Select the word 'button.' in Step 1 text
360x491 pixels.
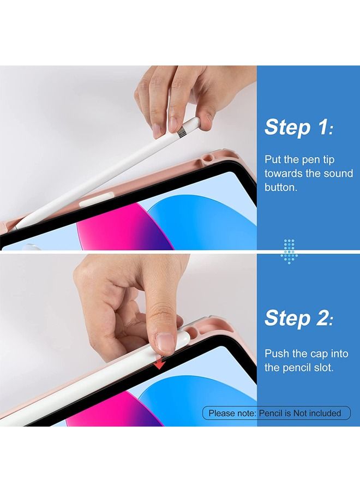(x=281, y=187)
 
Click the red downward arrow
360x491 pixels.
(x=158, y=364)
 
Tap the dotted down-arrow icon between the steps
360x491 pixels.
(x=289, y=250)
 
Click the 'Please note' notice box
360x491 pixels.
(x=277, y=413)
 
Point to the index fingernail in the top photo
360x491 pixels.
(x=157, y=130)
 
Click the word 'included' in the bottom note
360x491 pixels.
(x=325, y=413)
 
